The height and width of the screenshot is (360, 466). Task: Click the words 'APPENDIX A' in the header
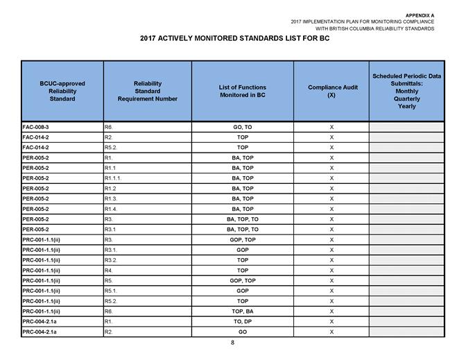click(x=419, y=14)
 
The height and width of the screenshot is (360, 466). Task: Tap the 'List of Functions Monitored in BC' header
click(x=242, y=91)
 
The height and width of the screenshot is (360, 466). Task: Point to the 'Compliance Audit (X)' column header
click(x=331, y=91)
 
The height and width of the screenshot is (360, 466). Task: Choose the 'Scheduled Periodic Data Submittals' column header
click(x=407, y=91)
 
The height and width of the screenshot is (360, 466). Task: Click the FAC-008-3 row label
click(x=36, y=128)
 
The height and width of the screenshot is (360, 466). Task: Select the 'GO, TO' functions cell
click(x=243, y=128)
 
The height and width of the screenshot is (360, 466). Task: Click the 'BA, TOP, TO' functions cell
click(x=243, y=229)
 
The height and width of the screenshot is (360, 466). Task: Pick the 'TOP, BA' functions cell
click(x=243, y=312)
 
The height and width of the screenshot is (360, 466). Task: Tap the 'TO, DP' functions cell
click(x=243, y=322)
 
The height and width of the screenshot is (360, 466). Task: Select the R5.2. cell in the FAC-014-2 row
click(x=110, y=148)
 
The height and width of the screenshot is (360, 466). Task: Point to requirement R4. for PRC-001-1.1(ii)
click(x=109, y=271)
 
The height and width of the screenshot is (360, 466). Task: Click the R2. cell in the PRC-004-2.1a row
click(x=109, y=332)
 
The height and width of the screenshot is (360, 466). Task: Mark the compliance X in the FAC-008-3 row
click(x=331, y=128)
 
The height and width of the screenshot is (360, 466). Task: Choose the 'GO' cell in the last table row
click(x=243, y=332)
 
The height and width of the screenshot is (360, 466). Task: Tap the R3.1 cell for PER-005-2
click(x=110, y=229)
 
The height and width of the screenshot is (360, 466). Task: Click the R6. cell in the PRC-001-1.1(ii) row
click(x=109, y=312)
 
